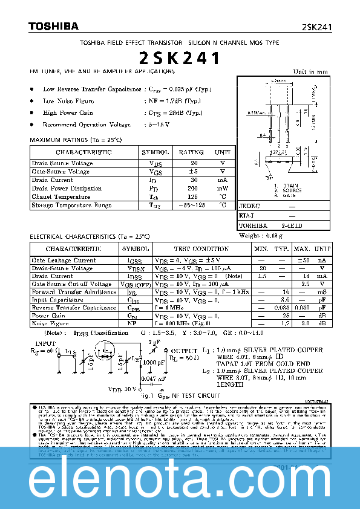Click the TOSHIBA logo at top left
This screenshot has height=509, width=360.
[53, 26]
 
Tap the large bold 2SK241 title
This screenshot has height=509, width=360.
[180, 59]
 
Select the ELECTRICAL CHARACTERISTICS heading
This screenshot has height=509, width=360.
[90, 236]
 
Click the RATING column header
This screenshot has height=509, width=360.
[191, 152]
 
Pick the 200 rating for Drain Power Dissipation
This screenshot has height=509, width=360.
[194, 188]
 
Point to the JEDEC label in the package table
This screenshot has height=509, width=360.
[249, 206]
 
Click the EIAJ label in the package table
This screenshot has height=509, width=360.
[246, 216]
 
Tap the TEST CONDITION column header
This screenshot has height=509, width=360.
[201, 248]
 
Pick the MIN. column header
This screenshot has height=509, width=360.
[262, 248]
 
